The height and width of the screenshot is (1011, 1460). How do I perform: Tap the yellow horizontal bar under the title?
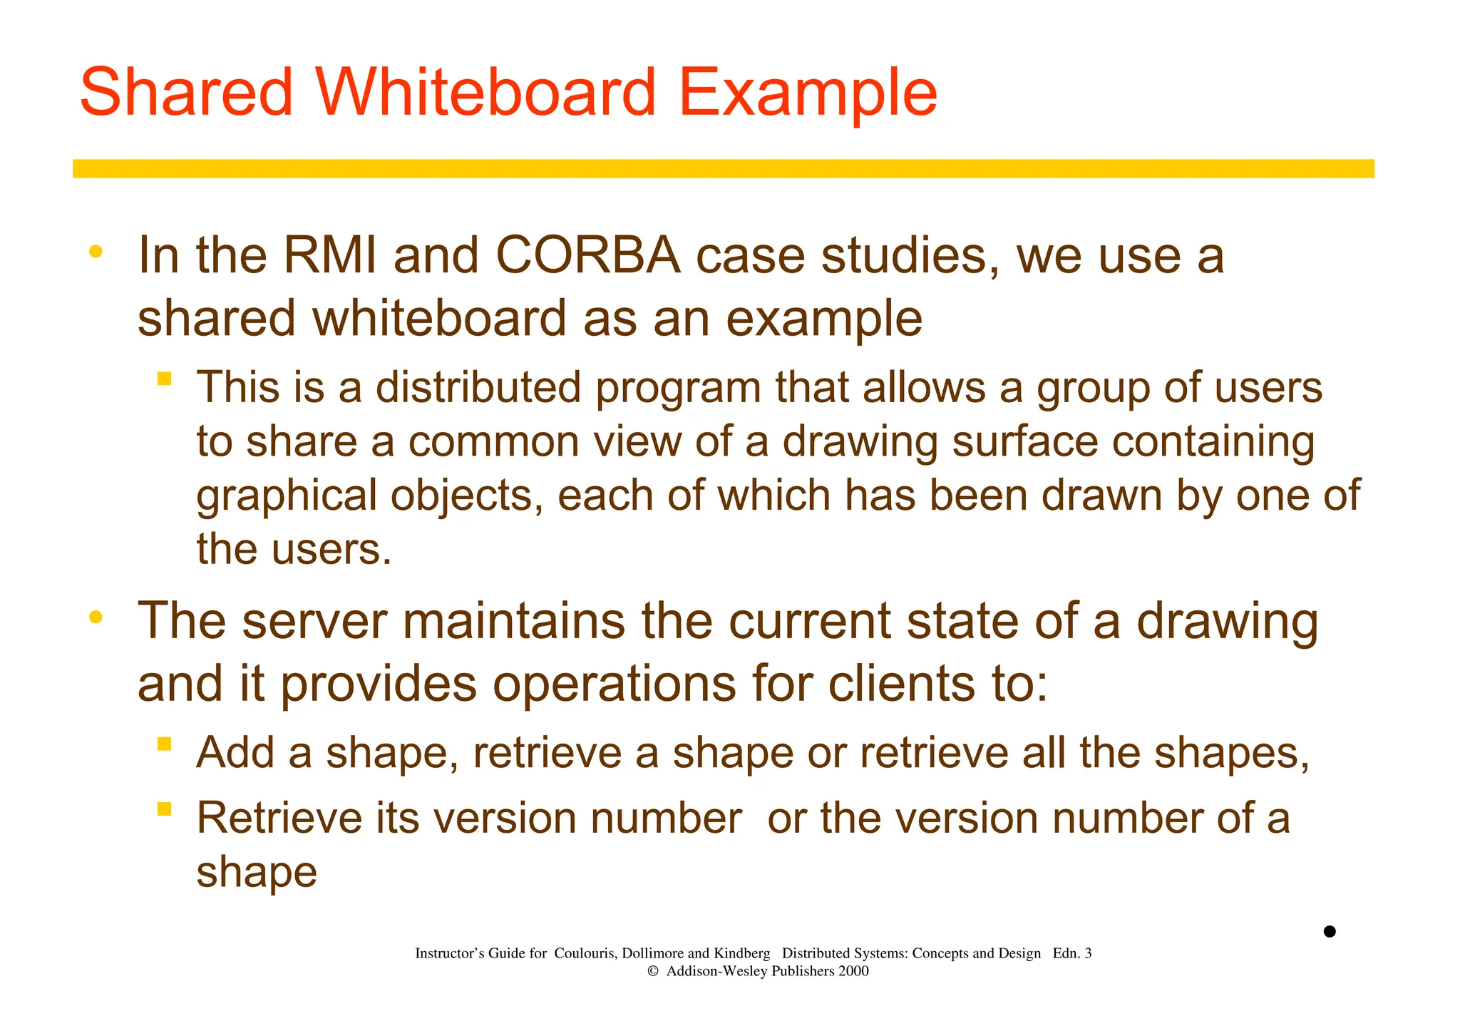723,169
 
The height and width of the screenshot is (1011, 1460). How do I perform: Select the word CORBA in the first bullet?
588,255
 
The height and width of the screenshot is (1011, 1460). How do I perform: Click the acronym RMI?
330,255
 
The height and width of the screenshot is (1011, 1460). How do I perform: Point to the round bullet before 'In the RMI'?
96,252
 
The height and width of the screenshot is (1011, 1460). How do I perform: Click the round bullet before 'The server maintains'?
96,617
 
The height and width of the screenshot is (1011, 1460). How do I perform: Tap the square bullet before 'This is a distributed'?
165,379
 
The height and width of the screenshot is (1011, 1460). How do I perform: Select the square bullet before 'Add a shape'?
165,744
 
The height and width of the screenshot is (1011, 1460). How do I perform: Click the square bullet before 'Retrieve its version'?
165,809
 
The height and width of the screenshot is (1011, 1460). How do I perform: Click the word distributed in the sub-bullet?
478,388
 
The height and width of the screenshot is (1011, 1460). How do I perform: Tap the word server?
315,621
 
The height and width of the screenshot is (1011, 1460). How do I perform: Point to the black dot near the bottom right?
1330,931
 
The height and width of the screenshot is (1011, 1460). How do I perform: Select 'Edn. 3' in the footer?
1071,953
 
